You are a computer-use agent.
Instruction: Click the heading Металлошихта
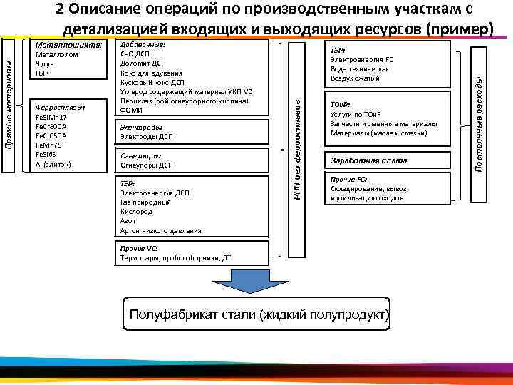[68, 44]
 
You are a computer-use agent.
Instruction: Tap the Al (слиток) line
[53, 164]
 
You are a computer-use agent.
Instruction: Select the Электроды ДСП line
[147, 136]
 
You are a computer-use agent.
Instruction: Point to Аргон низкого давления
[161, 231]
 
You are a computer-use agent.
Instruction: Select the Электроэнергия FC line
[362, 60]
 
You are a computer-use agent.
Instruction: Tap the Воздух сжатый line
[355, 78]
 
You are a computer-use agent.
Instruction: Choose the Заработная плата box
[388, 161]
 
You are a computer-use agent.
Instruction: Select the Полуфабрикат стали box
[258, 315]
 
